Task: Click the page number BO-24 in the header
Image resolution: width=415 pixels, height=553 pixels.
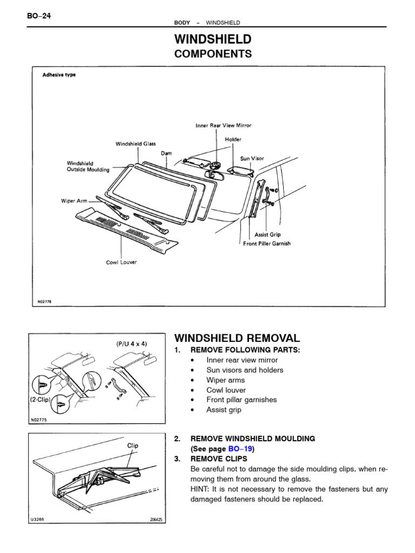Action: [38, 15]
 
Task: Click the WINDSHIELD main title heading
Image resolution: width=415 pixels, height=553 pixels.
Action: [212, 39]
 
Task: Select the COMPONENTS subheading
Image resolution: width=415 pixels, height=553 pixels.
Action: [212, 54]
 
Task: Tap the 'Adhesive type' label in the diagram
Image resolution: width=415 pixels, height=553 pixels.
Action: [59, 75]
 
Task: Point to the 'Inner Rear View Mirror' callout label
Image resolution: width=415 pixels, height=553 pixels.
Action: [223, 125]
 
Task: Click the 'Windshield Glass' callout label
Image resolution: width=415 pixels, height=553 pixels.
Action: [136, 144]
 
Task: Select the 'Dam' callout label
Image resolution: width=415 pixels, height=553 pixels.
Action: [166, 153]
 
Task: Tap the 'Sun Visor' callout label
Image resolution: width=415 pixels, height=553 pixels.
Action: [252, 159]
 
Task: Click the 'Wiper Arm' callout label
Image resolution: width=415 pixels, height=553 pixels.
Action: [74, 200]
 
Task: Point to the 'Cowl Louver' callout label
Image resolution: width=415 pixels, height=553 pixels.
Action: [121, 262]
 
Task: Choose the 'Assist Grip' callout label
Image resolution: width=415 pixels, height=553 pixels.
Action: [267, 235]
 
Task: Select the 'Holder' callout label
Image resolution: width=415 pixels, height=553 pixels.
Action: [233, 139]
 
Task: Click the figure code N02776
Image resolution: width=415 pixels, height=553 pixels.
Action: [44, 302]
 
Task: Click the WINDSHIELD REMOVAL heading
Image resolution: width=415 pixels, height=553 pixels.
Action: [237, 338]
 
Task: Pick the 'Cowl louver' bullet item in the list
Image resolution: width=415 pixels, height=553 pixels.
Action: [226, 390]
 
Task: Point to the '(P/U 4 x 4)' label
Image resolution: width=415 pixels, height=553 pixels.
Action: [131, 343]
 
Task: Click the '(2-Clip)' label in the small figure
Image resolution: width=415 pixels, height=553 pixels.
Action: [40, 401]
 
